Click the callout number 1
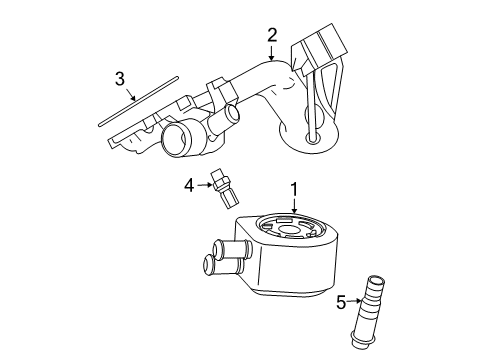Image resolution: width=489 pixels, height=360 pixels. coord(294,190)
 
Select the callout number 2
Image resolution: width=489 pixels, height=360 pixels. coord(272,35)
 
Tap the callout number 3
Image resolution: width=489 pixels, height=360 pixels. coord(120,79)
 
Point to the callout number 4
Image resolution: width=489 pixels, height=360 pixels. coord(189,185)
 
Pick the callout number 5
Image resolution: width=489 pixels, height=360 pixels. coord(341,302)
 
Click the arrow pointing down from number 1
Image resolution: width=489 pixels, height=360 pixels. coord(294,205)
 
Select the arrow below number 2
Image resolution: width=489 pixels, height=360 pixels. coord(272,53)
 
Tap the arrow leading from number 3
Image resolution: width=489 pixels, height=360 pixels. coord(131,94)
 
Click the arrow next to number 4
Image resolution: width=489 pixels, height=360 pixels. coord(205,185)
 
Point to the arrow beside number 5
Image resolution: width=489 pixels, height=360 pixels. coord(354,301)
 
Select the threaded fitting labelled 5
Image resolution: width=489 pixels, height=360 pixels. coord(369,312)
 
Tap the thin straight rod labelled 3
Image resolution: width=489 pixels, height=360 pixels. coord(138,101)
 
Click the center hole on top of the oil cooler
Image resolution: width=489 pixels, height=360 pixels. coord(288,229)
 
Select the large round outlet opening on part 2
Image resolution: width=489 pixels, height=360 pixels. coord(175,139)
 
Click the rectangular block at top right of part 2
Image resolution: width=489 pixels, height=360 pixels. coord(318,48)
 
